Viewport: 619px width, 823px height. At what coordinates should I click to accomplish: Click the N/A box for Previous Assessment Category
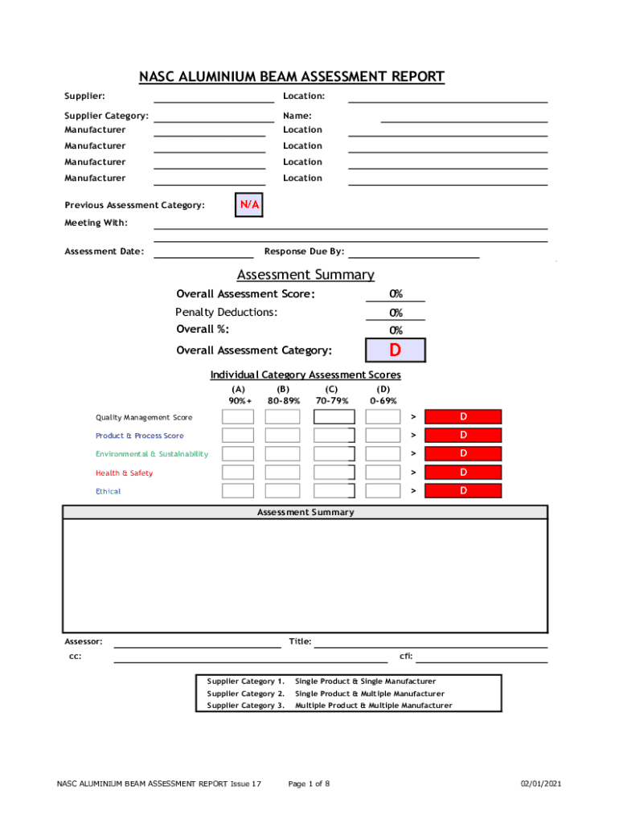[x=249, y=206]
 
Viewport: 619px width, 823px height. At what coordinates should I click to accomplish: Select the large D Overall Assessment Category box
[x=395, y=350]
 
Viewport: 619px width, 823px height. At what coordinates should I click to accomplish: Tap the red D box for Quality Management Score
[x=463, y=416]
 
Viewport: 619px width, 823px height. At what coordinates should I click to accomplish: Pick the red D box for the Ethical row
[x=463, y=490]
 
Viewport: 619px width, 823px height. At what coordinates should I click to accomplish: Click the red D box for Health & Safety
[x=463, y=473]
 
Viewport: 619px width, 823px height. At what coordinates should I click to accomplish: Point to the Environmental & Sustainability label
[x=152, y=454]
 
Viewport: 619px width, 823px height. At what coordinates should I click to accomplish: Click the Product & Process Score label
[x=140, y=436]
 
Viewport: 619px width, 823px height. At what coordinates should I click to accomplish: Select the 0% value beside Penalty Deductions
[x=396, y=313]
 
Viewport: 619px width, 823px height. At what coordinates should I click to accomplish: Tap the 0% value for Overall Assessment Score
[x=396, y=294]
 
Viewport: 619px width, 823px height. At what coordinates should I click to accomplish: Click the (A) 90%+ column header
[x=239, y=395]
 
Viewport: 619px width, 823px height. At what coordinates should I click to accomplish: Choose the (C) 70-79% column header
[x=332, y=395]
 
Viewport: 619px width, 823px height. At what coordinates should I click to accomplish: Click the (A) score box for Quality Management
[x=238, y=416]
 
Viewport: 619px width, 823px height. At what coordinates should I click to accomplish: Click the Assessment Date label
[x=105, y=252]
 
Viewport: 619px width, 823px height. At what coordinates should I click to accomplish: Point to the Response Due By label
[x=304, y=252]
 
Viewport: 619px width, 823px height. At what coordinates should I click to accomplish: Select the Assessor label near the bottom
[x=84, y=641]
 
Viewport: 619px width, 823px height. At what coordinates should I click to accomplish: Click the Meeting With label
[x=96, y=223]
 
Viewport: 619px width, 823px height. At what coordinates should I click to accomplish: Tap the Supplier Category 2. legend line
[x=326, y=694]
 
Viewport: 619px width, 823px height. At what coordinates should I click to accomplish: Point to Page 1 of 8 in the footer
[x=309, y=784]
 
